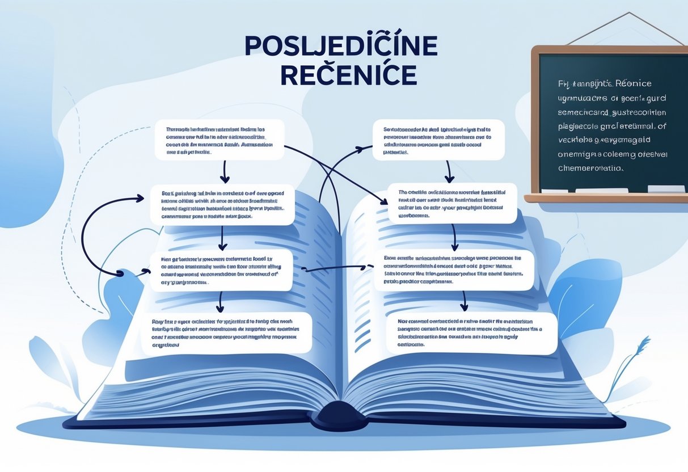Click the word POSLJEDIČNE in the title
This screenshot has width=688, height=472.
tap(341, 47)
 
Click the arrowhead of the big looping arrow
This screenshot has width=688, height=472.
tap(138, 198)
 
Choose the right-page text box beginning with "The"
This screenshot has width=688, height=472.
tap(452, 203)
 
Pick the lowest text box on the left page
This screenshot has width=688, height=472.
tap(227, 333)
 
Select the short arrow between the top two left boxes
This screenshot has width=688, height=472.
tap(225, 171)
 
